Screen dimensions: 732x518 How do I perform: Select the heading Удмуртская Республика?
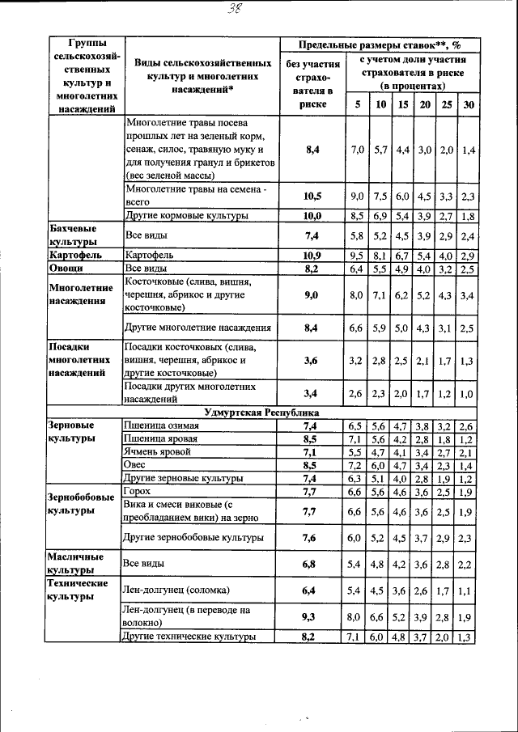(261, 413)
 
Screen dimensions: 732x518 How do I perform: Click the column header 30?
(468, 104)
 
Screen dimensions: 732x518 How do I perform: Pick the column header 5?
(356, 104)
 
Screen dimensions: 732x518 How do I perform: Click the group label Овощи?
(65, 269)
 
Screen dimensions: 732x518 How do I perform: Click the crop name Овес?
(134, 466)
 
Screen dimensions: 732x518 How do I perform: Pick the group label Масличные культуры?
(75, 564)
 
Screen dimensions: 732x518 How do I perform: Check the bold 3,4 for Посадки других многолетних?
(309, 393)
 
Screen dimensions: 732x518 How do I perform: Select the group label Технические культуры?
(78, 589)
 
